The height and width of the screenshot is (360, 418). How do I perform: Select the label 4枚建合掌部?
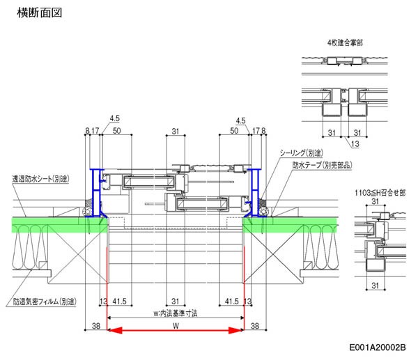coord(346,42)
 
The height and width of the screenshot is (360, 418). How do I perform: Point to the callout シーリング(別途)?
coord(302,152)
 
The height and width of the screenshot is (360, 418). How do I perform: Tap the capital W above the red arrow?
coord(175,324)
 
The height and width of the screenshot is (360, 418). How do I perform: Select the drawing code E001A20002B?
coord(379,346)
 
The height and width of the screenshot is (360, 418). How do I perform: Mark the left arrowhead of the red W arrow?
coord(111,332)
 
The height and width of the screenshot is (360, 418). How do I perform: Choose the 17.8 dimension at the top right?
coord(259,130)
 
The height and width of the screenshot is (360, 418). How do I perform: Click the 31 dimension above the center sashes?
coord(174,130)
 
